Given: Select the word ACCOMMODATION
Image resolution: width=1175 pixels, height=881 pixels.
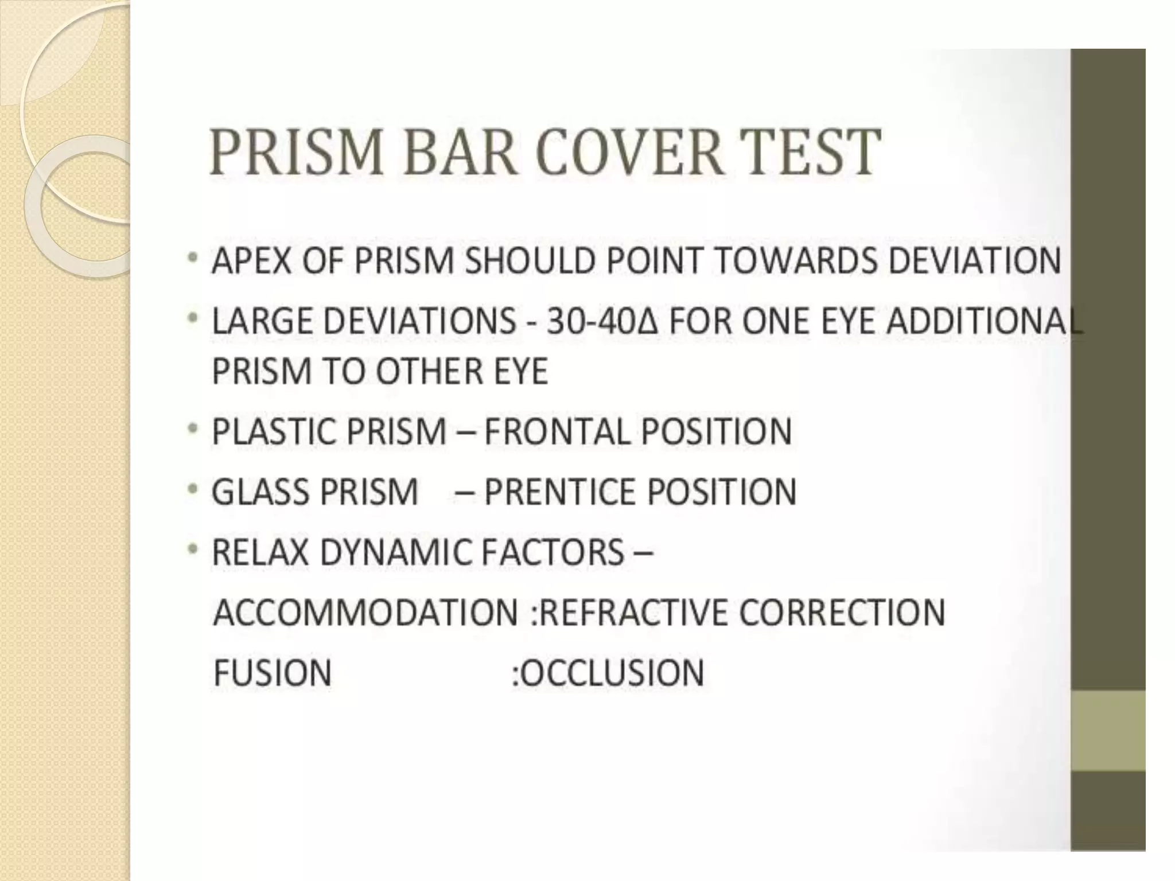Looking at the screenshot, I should coord(365,613).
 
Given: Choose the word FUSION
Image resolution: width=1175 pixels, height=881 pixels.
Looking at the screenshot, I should coord(273,673).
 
